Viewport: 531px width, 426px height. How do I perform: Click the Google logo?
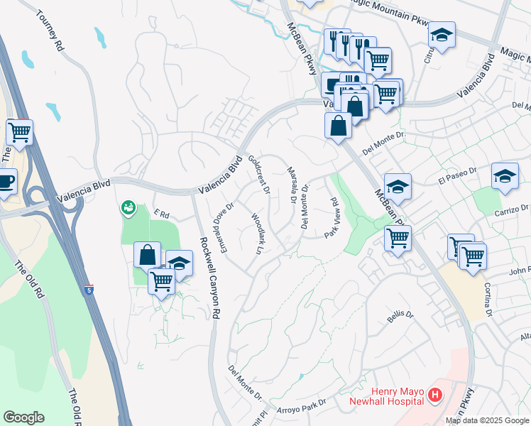tap(23, 417)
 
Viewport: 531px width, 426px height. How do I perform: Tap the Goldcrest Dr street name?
tap(259, 175)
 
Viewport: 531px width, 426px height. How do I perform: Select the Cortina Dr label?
tap(488, 298)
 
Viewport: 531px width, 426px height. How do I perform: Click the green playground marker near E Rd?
tap(128, 207)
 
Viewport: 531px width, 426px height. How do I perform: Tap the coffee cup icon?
tap(6, 180)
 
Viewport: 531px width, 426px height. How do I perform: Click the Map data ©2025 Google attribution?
tap(487, 420)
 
